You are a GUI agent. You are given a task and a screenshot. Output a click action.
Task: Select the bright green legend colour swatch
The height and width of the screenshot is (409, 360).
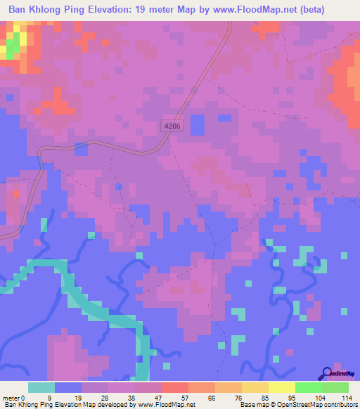click(309, 387)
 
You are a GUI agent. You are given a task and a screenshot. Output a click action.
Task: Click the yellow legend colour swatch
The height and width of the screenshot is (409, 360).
click(282, 387)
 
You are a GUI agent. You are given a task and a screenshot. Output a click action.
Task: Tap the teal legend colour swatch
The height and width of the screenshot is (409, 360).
click(41, 387)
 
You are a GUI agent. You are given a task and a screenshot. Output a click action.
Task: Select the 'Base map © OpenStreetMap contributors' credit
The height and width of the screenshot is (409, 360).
click(297, 405)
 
